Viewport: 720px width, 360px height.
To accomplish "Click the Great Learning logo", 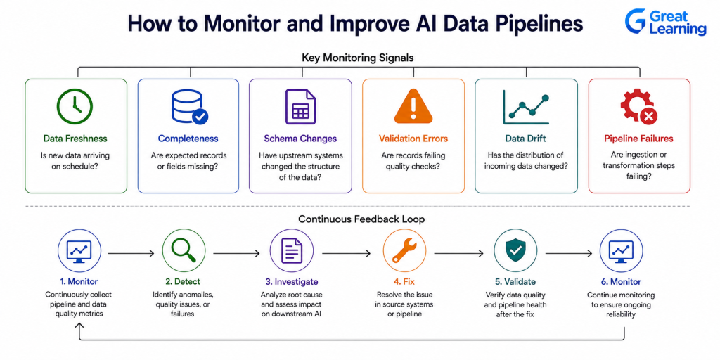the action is tap(665, 22).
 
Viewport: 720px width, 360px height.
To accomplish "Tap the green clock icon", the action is tap(75, 107).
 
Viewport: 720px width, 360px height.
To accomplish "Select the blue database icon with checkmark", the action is tap(188, 107).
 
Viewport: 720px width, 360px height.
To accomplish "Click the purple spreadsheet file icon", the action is tap(300, 107).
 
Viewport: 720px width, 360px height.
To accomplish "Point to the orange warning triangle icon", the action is tap(413, 108).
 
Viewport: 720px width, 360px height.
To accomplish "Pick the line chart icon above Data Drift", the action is tap(526, 107).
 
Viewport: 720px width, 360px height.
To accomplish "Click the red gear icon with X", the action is tap(638, 107).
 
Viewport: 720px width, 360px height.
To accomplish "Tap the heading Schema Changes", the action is tap(300, 139).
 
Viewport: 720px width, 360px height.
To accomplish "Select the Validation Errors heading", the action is tap(413, 139).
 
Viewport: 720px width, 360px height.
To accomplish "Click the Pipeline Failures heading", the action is tap(638, 139).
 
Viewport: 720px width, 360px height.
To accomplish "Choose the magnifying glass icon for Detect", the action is tap(184, 251).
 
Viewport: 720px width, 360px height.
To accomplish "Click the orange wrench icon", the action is tap(404, 251).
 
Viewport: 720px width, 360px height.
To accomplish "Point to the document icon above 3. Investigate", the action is tap(291, 251).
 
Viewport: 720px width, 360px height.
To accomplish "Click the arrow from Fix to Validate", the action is tap(458, 253).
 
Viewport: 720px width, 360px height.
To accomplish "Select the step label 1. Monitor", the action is tap(79, 281).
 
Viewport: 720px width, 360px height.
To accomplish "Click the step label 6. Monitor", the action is tap(622, 281).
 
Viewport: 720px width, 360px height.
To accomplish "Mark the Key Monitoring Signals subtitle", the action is tap(358, 58).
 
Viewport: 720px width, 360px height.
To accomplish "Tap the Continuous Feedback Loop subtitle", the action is tap(361, 219).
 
